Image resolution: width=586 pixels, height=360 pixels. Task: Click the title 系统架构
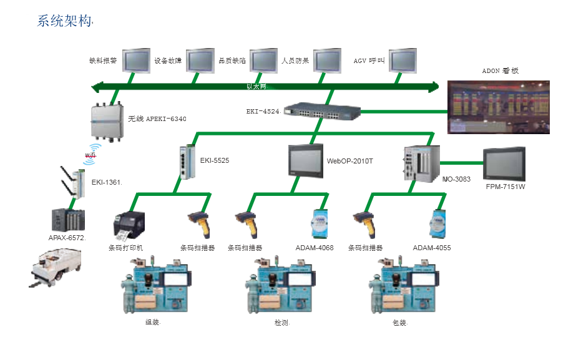tap(65, 21)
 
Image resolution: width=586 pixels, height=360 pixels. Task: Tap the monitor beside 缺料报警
tap(136, 61)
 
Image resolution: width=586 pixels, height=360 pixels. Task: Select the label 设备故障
tap(168, 61)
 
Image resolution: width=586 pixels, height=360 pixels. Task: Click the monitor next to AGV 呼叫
tap(403, 61)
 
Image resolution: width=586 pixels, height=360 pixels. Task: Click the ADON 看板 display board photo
tap(499, 107)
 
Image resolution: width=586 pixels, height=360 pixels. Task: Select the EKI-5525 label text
tap(215, 161)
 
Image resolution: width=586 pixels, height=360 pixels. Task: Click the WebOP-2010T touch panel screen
tap(305, 160)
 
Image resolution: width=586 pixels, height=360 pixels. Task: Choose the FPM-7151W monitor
tap(504, 165)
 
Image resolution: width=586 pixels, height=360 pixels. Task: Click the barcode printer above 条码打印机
tap(129, 225)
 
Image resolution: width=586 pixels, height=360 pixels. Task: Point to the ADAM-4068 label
tap(315, 248)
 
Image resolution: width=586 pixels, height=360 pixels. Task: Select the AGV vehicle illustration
tap(56, 267)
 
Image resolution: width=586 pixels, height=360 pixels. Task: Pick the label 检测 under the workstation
tap(282, 323)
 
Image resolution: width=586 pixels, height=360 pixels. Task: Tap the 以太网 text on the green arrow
tap(256, 87)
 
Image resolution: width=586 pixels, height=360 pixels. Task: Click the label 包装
tap(399, 323)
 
